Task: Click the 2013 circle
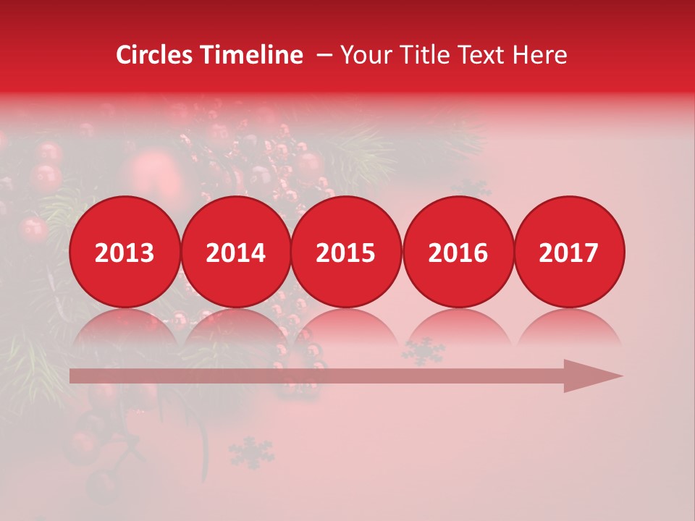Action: point(125,252)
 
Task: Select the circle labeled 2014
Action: point(235,252)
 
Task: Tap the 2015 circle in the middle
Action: point(346,252)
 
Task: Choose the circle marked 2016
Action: point(458,252)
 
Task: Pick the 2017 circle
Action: point(568,252)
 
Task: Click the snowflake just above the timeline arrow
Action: point(424,350)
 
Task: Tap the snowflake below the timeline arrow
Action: point(251,452)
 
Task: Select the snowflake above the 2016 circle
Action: point(471,188)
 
